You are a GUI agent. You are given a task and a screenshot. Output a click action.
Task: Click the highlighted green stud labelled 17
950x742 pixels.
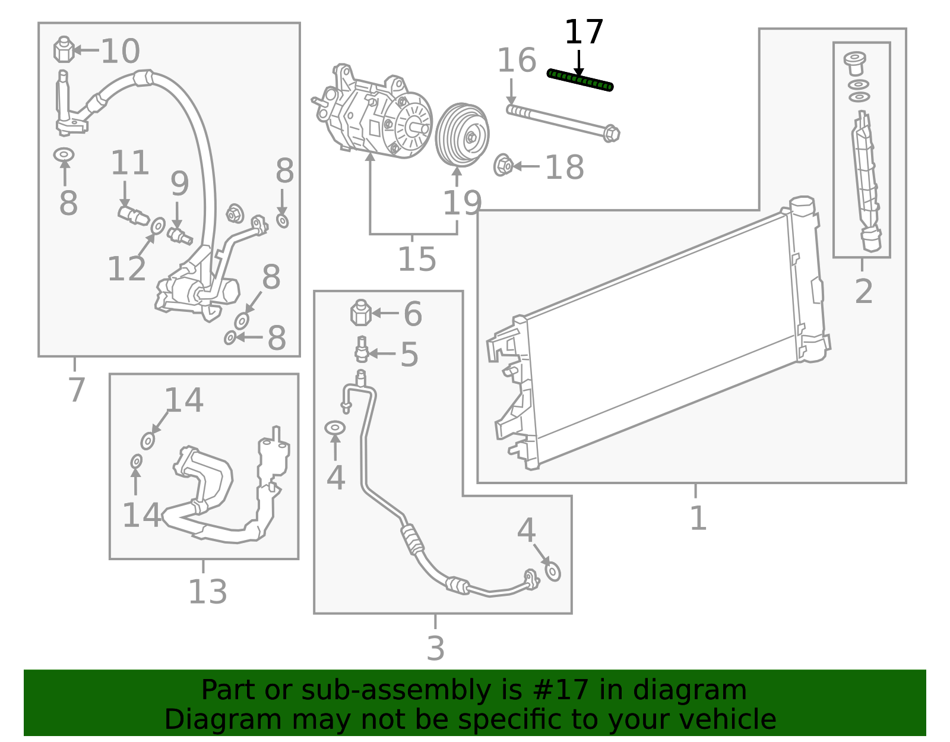coord(579,80)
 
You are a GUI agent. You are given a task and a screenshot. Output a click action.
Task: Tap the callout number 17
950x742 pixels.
coord(584,32)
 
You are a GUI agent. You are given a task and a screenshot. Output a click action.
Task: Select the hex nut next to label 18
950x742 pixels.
coord(503,165)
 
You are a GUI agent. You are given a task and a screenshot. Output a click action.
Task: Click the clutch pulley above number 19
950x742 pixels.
coord(462,135)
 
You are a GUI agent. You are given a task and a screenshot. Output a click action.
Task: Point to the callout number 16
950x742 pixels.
coord(517,60)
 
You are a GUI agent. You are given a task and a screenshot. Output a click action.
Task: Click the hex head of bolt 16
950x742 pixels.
coord(611,133)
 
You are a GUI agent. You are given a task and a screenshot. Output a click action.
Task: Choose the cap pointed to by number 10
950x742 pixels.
coord(64,49)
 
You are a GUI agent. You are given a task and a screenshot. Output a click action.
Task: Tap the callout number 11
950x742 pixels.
coord(130,163)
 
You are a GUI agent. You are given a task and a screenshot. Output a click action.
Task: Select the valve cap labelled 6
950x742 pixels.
coord(361,312)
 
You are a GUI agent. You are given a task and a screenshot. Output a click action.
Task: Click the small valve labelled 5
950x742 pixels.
coord(362,349)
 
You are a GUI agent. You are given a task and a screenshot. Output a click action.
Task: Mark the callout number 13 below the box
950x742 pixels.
coord(208,592)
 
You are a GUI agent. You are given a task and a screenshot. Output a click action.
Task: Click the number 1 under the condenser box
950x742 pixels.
coord(698,517)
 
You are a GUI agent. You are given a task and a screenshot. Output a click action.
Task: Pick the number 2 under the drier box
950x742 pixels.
coord(864,291)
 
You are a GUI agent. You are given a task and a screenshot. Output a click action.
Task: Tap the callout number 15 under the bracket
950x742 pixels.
coord(417,259)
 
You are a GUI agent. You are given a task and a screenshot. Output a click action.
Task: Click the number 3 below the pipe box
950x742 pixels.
coord(435,648)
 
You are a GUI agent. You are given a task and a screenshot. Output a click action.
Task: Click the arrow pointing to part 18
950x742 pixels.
coord(526,166)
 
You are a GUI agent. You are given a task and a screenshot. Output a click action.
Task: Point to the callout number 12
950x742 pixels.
coord(126,269)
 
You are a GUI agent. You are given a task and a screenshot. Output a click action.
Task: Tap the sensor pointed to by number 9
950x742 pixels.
coord(180,236)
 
